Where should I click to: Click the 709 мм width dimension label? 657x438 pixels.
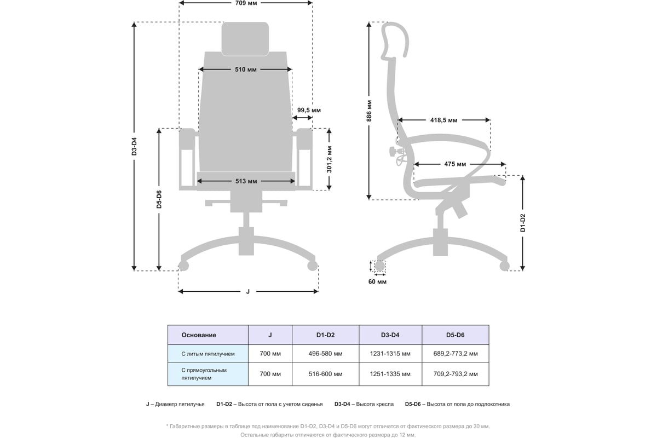pyautogui.click(x=246, y=3)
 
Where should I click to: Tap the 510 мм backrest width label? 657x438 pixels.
pyautogui.click(x=246, y=70)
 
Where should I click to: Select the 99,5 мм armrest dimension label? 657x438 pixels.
pyautogui.click(x=309, y=110)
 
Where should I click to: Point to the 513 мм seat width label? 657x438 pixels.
pyautogui.click(x=246, y=181)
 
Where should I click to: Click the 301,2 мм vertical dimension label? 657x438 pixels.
pyautogui.click(x=330, y=159)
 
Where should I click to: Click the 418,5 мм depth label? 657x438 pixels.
pyautogui.click(x=444, y=120)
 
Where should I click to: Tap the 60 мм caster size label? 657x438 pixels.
pyautogui.click(x=378, y=282)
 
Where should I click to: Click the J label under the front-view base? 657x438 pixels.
pyautogui.click(x=248, y=291)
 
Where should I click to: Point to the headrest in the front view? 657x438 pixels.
pyautogui.click(x=245, y=38)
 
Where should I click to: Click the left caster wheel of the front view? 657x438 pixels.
pyautogui.click(x=184, y=266)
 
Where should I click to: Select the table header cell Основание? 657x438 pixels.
pyautogui.click(x=199, y=335)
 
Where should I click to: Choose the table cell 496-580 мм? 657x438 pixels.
pyautogui.click(x=325, y=354)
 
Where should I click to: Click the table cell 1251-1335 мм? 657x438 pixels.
pyautogui.click(x=390, y=374)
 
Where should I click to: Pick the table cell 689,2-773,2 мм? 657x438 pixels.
pyautogui.click(x=455, y=354)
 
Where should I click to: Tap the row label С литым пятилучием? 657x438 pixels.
pyautogui.click(x=208, y=354)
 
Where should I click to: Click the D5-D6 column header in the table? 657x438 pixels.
pyautogui.click(x=455, y=335)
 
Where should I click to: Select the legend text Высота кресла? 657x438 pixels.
pyautogui.click(x=374, y=404)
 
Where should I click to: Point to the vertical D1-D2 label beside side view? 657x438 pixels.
pyautogui.click(x=523, y=223)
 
